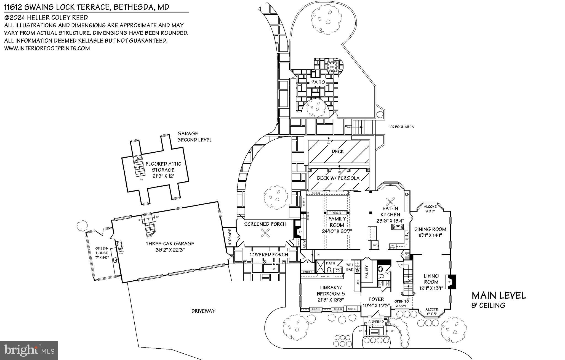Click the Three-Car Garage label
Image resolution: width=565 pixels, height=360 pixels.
(x=170, y=244)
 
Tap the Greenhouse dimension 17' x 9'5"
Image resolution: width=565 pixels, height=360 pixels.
(x=102, y=257)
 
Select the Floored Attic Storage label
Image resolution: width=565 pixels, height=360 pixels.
(x=163, y=167)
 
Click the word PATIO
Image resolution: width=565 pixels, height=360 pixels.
(x=318, y=82)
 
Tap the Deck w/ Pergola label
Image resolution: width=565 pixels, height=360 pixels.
(x=338, y=178)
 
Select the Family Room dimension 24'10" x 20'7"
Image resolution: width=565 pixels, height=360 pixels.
(x=337, y=231)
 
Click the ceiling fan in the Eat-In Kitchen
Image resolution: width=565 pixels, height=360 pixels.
(x=391, y=201)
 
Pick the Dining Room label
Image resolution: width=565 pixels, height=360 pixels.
(x=430, y=229)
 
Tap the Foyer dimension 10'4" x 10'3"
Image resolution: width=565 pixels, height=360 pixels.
(x=376, y=306)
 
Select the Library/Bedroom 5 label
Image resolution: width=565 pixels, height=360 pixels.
(x=331, y=290)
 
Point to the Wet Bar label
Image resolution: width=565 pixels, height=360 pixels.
(x=350, y=267)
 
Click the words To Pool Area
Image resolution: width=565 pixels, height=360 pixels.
(x=401, y=127)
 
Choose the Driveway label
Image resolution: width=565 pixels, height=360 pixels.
(x=203, y=311)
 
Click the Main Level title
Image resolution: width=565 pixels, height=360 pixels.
(x=499, y=295)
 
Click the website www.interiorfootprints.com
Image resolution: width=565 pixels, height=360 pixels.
(x=47, y=48)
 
